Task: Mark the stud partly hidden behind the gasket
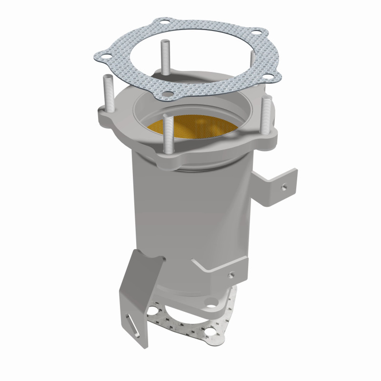pos(253,62)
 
